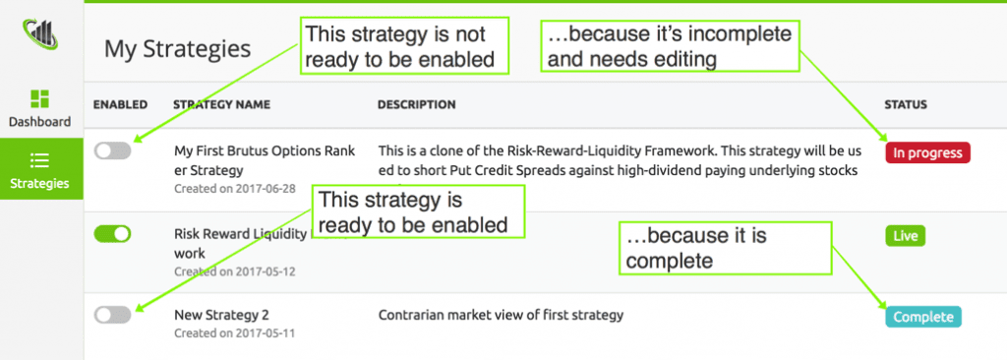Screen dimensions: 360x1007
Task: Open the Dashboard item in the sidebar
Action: pyautogui.click(x=40, y=108)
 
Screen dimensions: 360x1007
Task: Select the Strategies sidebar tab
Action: pyautogui.click(x=40, y=169)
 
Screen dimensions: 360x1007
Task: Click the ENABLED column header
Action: pyautogui.click(x=120, y=104)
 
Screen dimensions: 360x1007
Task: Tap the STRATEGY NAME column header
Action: pyautogui.click(x=221, y=104)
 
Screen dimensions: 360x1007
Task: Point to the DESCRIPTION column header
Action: pyautogui.click(x=416, y=104)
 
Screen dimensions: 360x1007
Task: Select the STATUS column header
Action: pyautogui.click(x=906, y=104)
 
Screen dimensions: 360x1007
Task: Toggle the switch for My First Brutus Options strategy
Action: pyautogui.click(x=112, y=150)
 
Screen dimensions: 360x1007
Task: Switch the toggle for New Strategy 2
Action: pyautogui.click(x=112, y=314)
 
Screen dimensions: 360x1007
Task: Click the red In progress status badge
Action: pyautogui.click(x=927, y=152)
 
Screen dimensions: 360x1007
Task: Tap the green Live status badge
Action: pyautogui.click(x=905, y=236)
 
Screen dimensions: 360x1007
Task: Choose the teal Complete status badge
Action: pyautogui.click(x=922, y=317)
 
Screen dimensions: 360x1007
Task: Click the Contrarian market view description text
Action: pyautogui.click(x=501, y=316)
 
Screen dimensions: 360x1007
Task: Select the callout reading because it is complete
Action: pyautogui.click(x=725, y=249)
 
